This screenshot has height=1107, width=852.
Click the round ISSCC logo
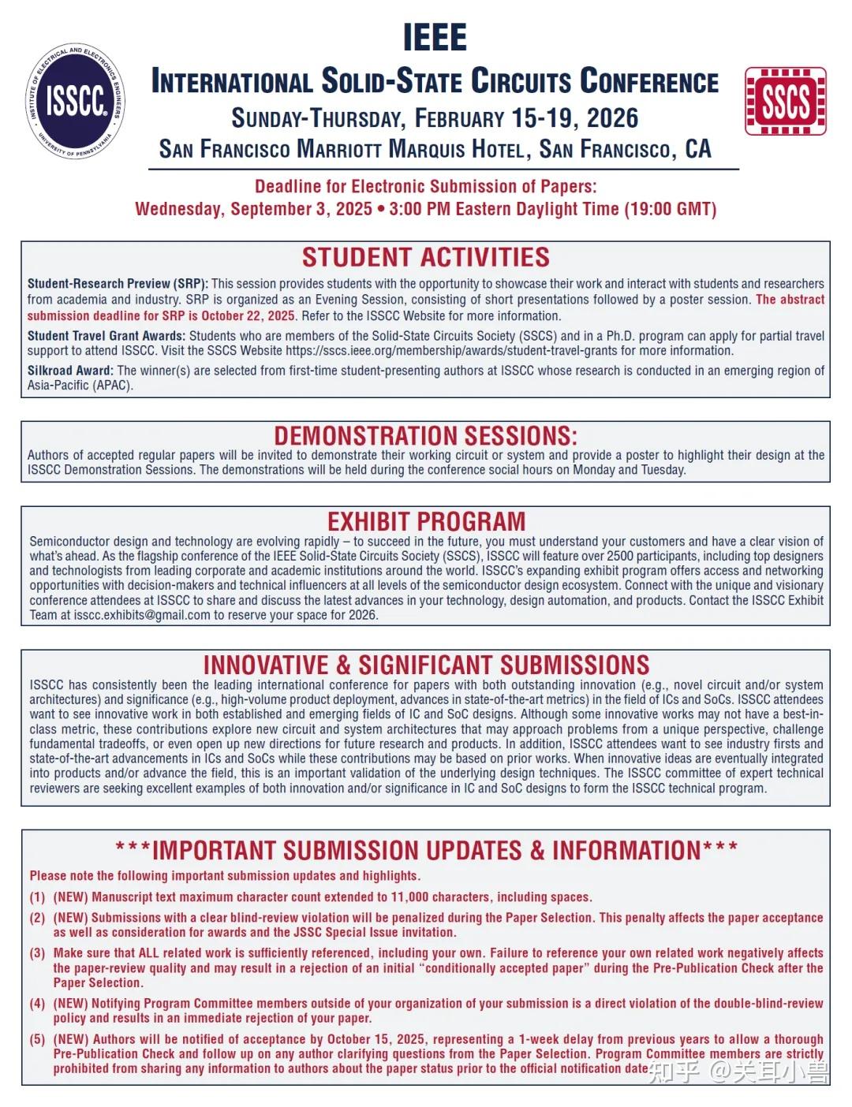pos(75,101)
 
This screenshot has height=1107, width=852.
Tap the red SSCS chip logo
pos(785,101)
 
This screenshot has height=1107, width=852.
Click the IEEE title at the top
pos(435,37)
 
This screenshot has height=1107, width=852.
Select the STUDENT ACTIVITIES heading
pos(425,258)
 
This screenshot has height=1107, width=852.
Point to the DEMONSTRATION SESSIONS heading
pos(425,436)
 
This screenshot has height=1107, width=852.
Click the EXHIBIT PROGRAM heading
pos(426,521)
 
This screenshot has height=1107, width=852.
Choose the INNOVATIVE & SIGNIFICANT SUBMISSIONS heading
pos(426,665)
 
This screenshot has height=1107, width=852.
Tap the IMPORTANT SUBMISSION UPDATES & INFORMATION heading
pos(426,851)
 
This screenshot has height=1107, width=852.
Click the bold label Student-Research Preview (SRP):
pos(118,284)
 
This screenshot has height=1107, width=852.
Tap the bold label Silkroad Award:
pos(70,371)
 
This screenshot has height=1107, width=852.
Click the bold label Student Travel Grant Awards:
pos(106,336)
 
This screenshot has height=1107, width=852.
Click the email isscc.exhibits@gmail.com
pos(142,615)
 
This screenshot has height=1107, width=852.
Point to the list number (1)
pos(38,897)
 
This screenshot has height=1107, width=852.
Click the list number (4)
pos(38,1004)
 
